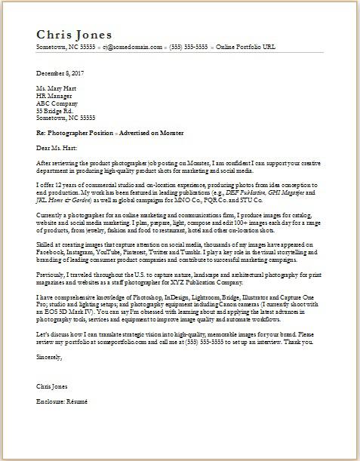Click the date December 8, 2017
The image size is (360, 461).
[60, 73]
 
